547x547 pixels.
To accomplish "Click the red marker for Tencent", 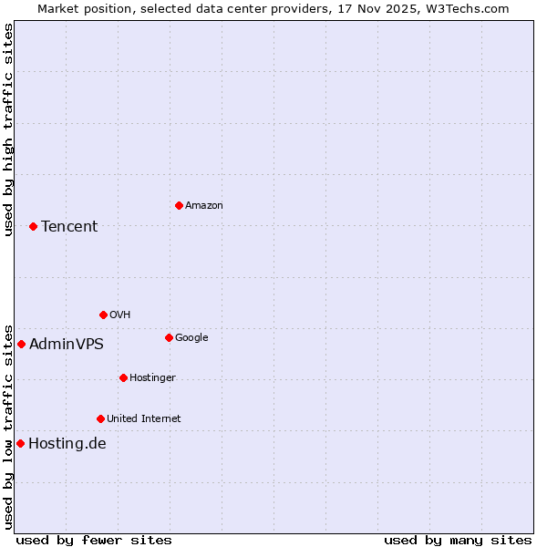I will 33,226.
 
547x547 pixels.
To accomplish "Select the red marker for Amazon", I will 179,205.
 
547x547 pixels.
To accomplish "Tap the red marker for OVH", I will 103,315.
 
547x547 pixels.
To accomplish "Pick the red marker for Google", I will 169,337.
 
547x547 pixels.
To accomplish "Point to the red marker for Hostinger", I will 123,377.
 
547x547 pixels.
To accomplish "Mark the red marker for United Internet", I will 100,418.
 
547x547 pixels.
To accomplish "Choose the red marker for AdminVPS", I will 21,344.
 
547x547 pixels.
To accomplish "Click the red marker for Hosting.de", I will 20,443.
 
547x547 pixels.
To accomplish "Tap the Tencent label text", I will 69,226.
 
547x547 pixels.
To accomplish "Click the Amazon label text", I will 204,205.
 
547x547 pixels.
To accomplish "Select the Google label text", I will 191,337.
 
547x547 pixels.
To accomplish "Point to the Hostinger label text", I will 152,377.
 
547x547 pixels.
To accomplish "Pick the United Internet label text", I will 144,418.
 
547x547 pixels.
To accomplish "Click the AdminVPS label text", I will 67,344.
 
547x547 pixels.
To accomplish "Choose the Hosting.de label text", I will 67,444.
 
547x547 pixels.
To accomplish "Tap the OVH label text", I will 120,315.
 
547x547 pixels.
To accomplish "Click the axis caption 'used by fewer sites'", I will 94,540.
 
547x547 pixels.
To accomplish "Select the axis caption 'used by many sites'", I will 458,540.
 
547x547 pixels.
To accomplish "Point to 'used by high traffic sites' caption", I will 8,129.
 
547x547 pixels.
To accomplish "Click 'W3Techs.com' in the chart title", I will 468,8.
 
